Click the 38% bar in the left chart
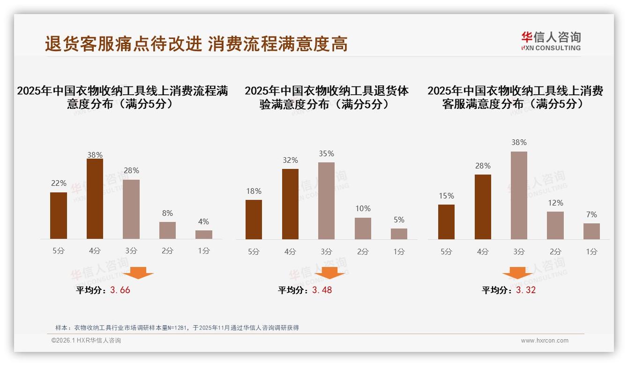tap(95, 199)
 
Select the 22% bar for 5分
tap(59, 216)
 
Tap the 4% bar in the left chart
tap(204, 235)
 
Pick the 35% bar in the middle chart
tap(326, 201)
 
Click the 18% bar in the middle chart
tap(254, 220)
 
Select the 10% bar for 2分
tap(363, 229)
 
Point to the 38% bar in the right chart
tap(519, 195)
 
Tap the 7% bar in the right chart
tap(591, 231)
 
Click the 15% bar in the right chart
tap(446, 222)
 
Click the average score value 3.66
tap(120, 290)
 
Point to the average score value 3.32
tap(525, 290)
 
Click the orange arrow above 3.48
tap(329, 273)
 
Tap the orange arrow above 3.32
tap(517, 273)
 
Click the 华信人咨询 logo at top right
tap(551, 41)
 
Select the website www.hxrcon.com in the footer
tap(545, 341)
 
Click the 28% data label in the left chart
tap(131, 170)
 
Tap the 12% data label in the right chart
tap(555, 203)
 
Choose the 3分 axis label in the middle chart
tap(326, 252)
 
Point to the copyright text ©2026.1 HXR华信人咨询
tap(86, 341)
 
